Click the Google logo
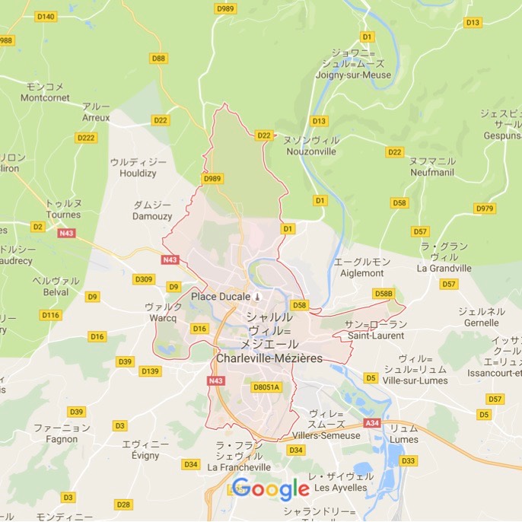point(271,489)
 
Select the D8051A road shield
point(266,387)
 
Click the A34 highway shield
point(372,423)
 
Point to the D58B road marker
point(384,293)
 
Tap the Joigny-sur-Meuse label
point(356,75)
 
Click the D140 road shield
point(46,17)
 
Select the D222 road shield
point(86,138)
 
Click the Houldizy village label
point(138,173)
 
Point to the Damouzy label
point(152,216)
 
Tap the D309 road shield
point(144,279)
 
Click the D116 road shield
point(51,314)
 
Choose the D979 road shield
point(484,208)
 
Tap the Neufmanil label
point(431,172)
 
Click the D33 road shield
point(409,460)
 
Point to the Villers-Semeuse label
point(326,435)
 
